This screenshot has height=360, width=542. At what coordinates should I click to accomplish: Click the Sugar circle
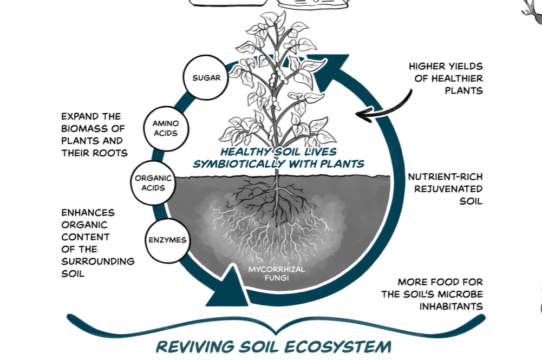pyautogui.click(x=207, y=78)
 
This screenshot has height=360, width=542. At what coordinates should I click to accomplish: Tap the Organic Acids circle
pyautogui.click(x=153, y=183)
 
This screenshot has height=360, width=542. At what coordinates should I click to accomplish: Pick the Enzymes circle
pyautogui.click(x=167, y=240)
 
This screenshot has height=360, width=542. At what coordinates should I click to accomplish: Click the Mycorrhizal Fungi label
pyautogui.click(x=277, y=274)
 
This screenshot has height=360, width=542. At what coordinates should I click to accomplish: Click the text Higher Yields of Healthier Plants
pyautogui.click(x=446, y=78)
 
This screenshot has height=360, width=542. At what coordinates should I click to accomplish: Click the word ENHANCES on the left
pyautogui.click(x=88, y=213)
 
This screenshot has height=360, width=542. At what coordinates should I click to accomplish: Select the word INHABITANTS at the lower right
pyautogui.click(x=451, y=306)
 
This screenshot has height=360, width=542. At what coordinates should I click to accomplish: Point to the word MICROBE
pyautogui.click(x=463, y=294)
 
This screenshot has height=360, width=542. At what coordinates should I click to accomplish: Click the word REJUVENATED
pyautogui.click(x=448, y=189)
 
